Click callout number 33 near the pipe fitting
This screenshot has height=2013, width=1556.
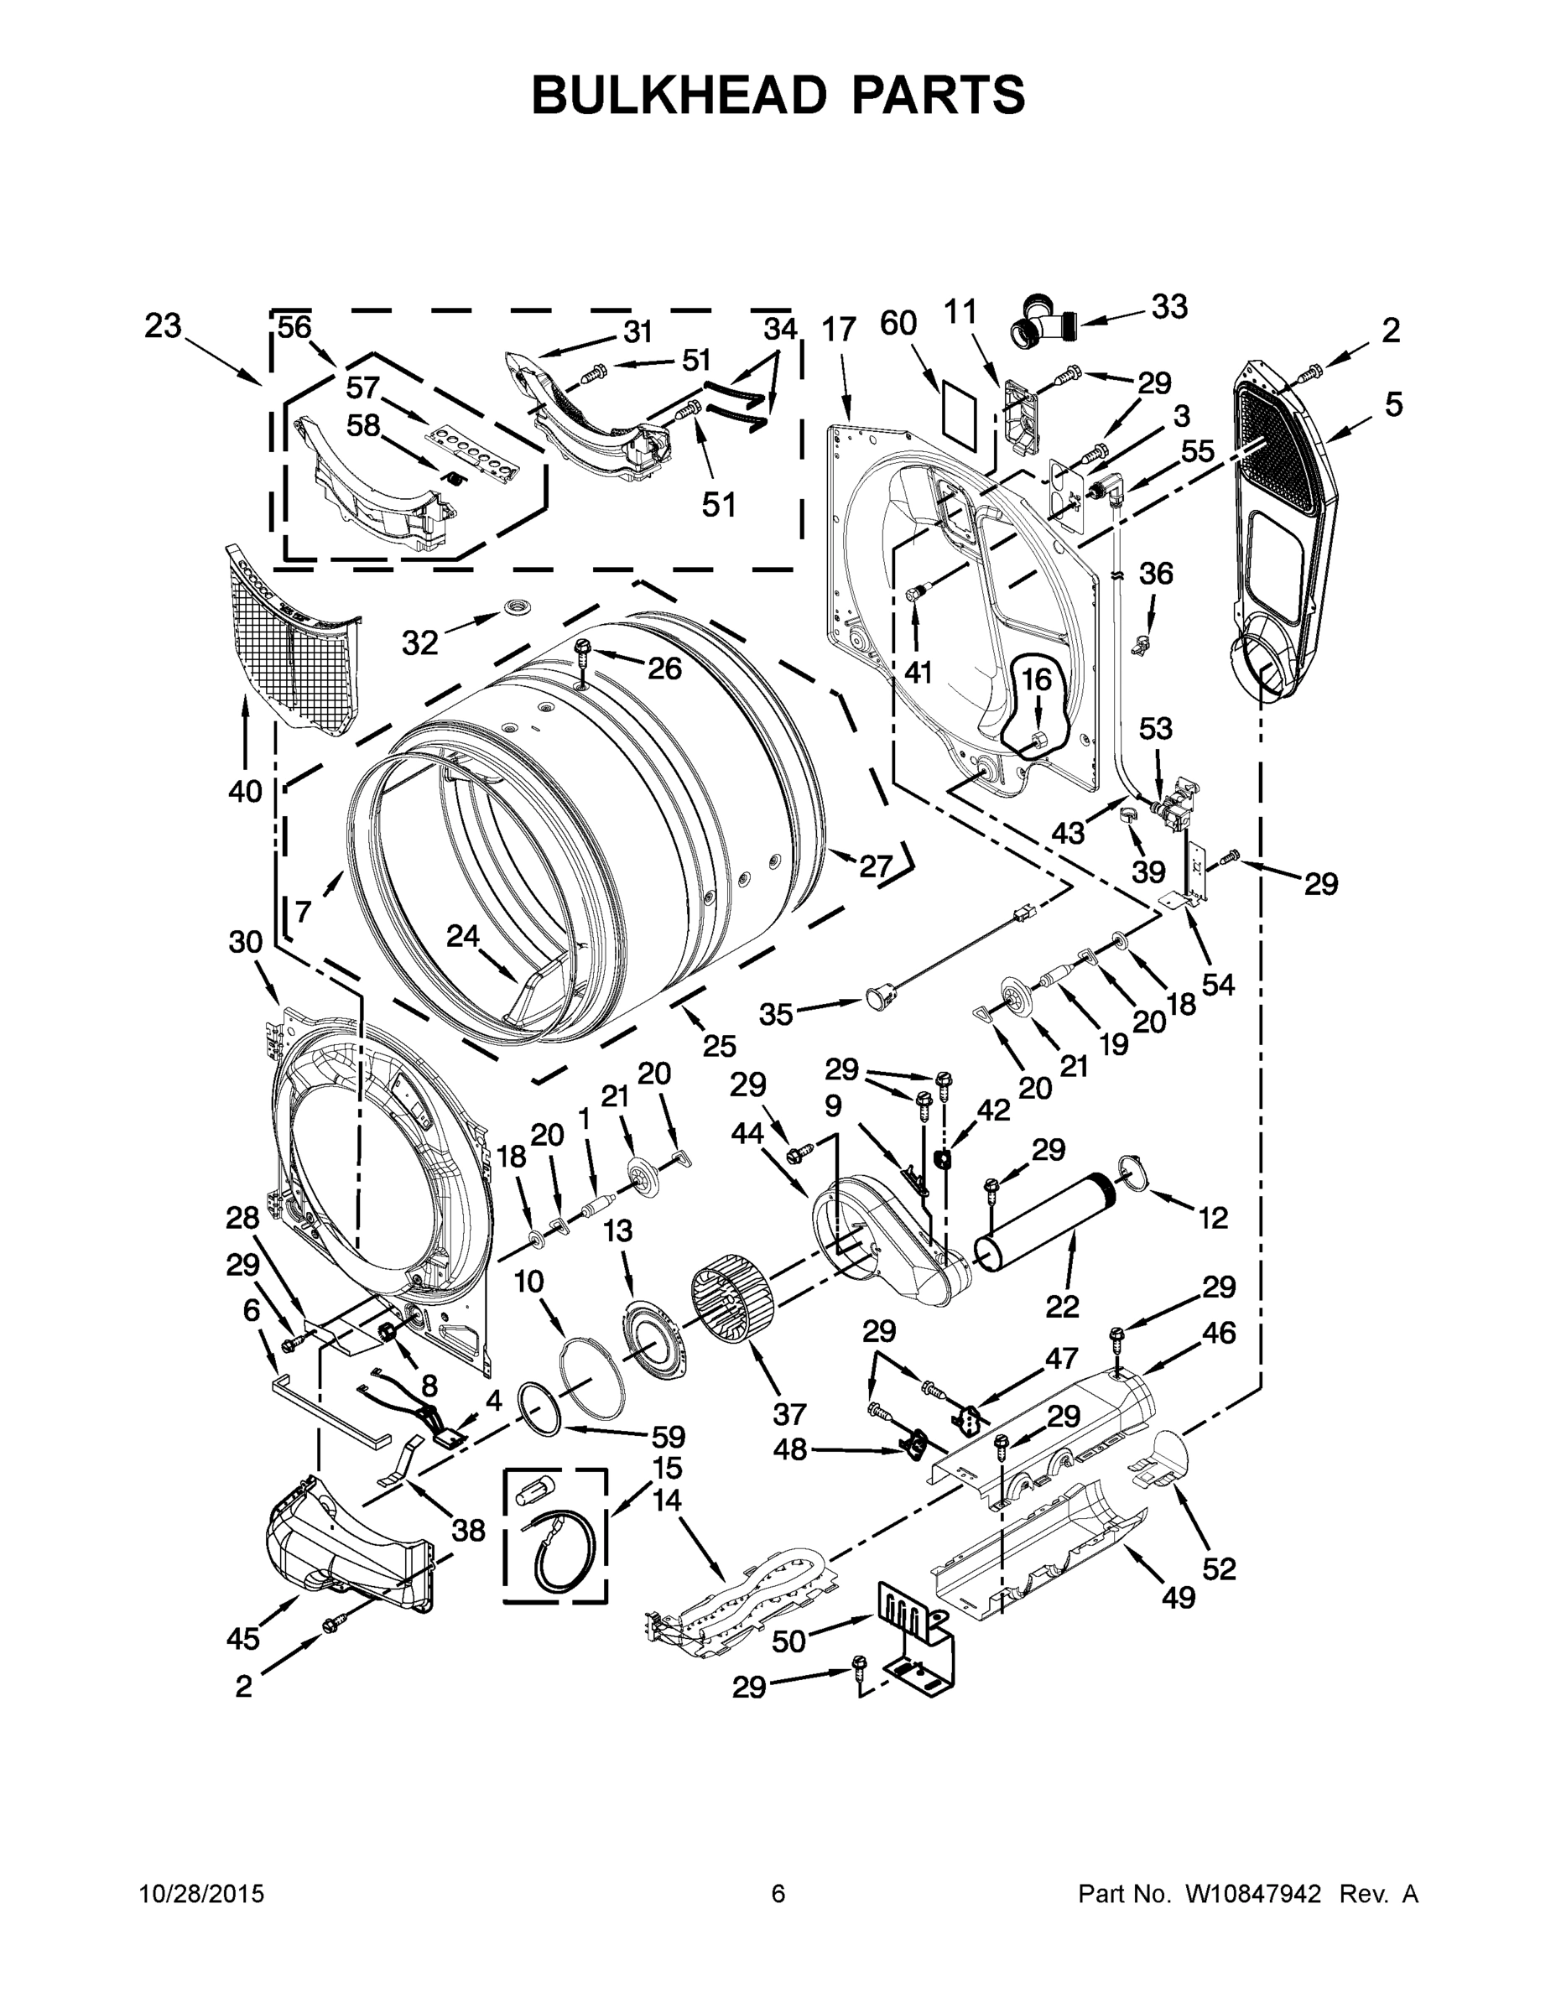[1168, 307]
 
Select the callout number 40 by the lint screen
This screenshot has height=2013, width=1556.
[245, 790]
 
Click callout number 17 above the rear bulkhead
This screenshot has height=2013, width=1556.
[839, 329]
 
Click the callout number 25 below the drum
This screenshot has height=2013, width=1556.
[719, 1045]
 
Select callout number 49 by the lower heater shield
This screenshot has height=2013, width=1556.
[1178, 1596]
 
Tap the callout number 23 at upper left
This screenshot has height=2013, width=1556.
[164, 326]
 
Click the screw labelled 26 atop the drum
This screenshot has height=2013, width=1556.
[583, 650]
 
